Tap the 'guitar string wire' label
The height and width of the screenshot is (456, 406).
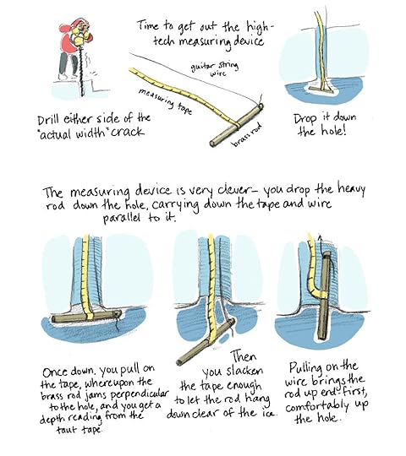[x=215, y=69]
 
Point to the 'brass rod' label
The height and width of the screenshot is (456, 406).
[x=247, y=134]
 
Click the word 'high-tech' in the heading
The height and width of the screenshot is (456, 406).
[x=222, y=35]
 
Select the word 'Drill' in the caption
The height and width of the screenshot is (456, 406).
[x=48, y=120]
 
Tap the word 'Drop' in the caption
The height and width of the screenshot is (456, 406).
[x=305, y=119]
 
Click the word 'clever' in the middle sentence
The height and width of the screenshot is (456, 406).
[x=233, y=190]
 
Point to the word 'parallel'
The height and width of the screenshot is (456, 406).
[x=122, y=218]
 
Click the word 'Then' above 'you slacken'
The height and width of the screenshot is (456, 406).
[x=244, y=357]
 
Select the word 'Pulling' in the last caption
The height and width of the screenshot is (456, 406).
[x=306, y=368]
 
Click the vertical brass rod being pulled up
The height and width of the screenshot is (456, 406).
[x=325, y=296]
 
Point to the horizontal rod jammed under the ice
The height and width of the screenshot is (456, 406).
[x=87, y=317]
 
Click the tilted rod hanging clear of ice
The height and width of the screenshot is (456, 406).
[x=206, y=342]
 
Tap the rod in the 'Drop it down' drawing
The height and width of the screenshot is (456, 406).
[x=321, y=90]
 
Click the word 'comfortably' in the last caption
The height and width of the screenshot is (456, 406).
[x=317, y=406]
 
